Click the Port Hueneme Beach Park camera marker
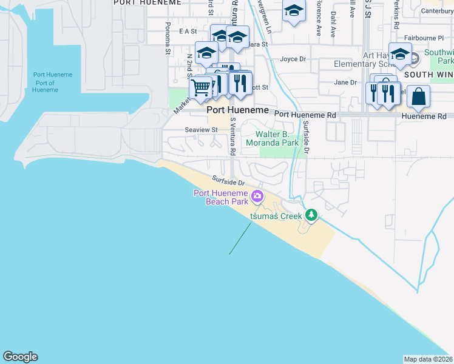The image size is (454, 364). point(257,196)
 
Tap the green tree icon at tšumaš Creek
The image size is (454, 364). point(311,214)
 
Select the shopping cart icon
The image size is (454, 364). point(200,88)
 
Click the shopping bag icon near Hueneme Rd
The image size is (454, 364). point(418,96)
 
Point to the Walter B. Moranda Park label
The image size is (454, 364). point(277,139)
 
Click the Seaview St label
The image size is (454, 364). point(201,130)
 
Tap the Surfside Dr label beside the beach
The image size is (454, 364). point(228,181)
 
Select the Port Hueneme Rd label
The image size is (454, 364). point(305,114)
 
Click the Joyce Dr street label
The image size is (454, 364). point(293,59)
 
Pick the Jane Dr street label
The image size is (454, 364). point(345,83)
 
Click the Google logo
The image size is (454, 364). point(20,357)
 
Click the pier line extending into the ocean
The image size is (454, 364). point(240,237)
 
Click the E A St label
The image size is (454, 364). point(188,31)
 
